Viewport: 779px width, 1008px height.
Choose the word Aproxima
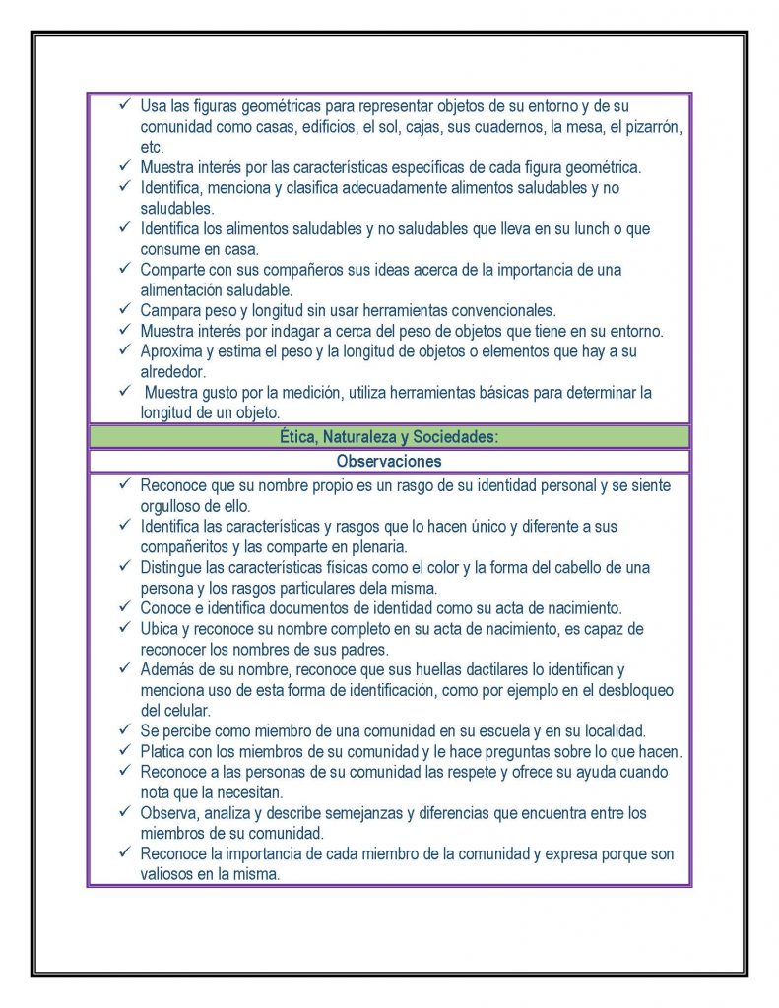coord(172,350)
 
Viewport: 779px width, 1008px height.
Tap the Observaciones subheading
coord(389,461)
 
